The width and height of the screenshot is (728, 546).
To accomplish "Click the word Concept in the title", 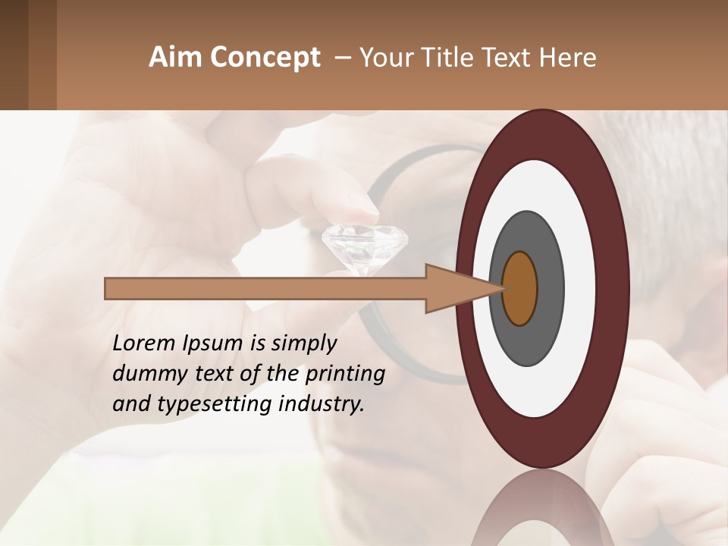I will tap(264, 58).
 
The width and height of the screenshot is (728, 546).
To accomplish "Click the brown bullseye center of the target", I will tap(520, 288).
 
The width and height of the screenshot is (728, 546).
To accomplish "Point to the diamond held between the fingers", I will tap(365, 246).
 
